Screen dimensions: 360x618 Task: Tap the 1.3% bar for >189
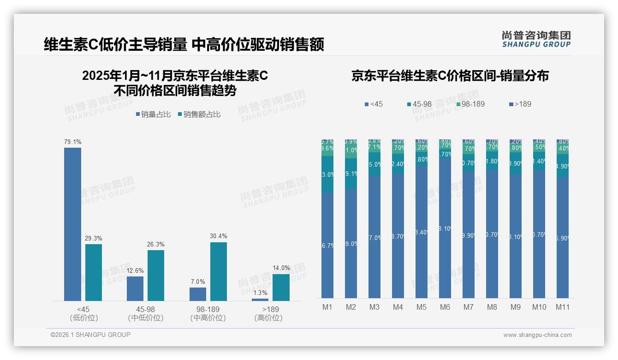pos(260,300)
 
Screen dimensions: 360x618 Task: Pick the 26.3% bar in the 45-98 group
pos(156,276)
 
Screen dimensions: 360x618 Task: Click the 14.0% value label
pos(281,268)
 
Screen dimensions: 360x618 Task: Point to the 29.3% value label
pos(94,238)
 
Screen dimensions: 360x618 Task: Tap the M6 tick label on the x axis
pos(445,307)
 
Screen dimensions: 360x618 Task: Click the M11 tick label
pos(563,307)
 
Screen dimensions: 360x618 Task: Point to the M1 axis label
pos(327,307)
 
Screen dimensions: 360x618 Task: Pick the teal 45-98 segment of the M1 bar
pos(327,174)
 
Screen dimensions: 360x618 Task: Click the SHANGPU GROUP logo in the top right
pos(536,39)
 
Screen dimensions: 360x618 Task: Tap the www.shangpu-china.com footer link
pos(537,335)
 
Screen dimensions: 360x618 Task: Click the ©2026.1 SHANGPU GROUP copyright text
pos(90,335)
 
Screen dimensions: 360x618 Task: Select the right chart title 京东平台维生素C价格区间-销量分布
pos(450,76)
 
